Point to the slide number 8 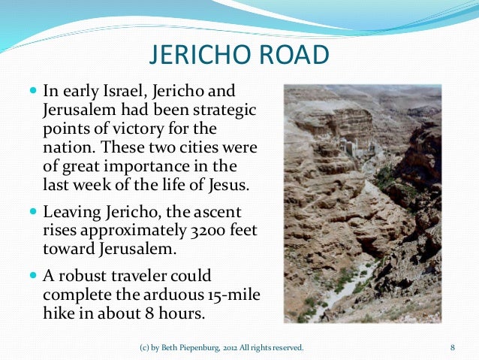pos(453,347)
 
